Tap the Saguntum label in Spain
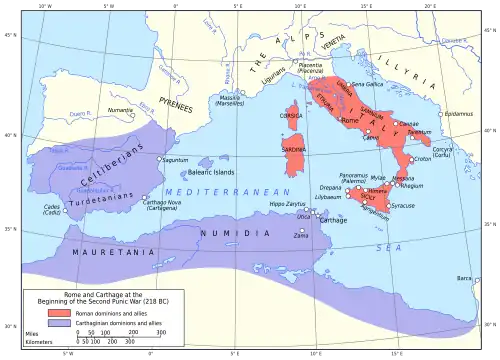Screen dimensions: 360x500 tap(176, 160)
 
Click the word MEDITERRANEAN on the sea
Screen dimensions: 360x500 tap(212, 189)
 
